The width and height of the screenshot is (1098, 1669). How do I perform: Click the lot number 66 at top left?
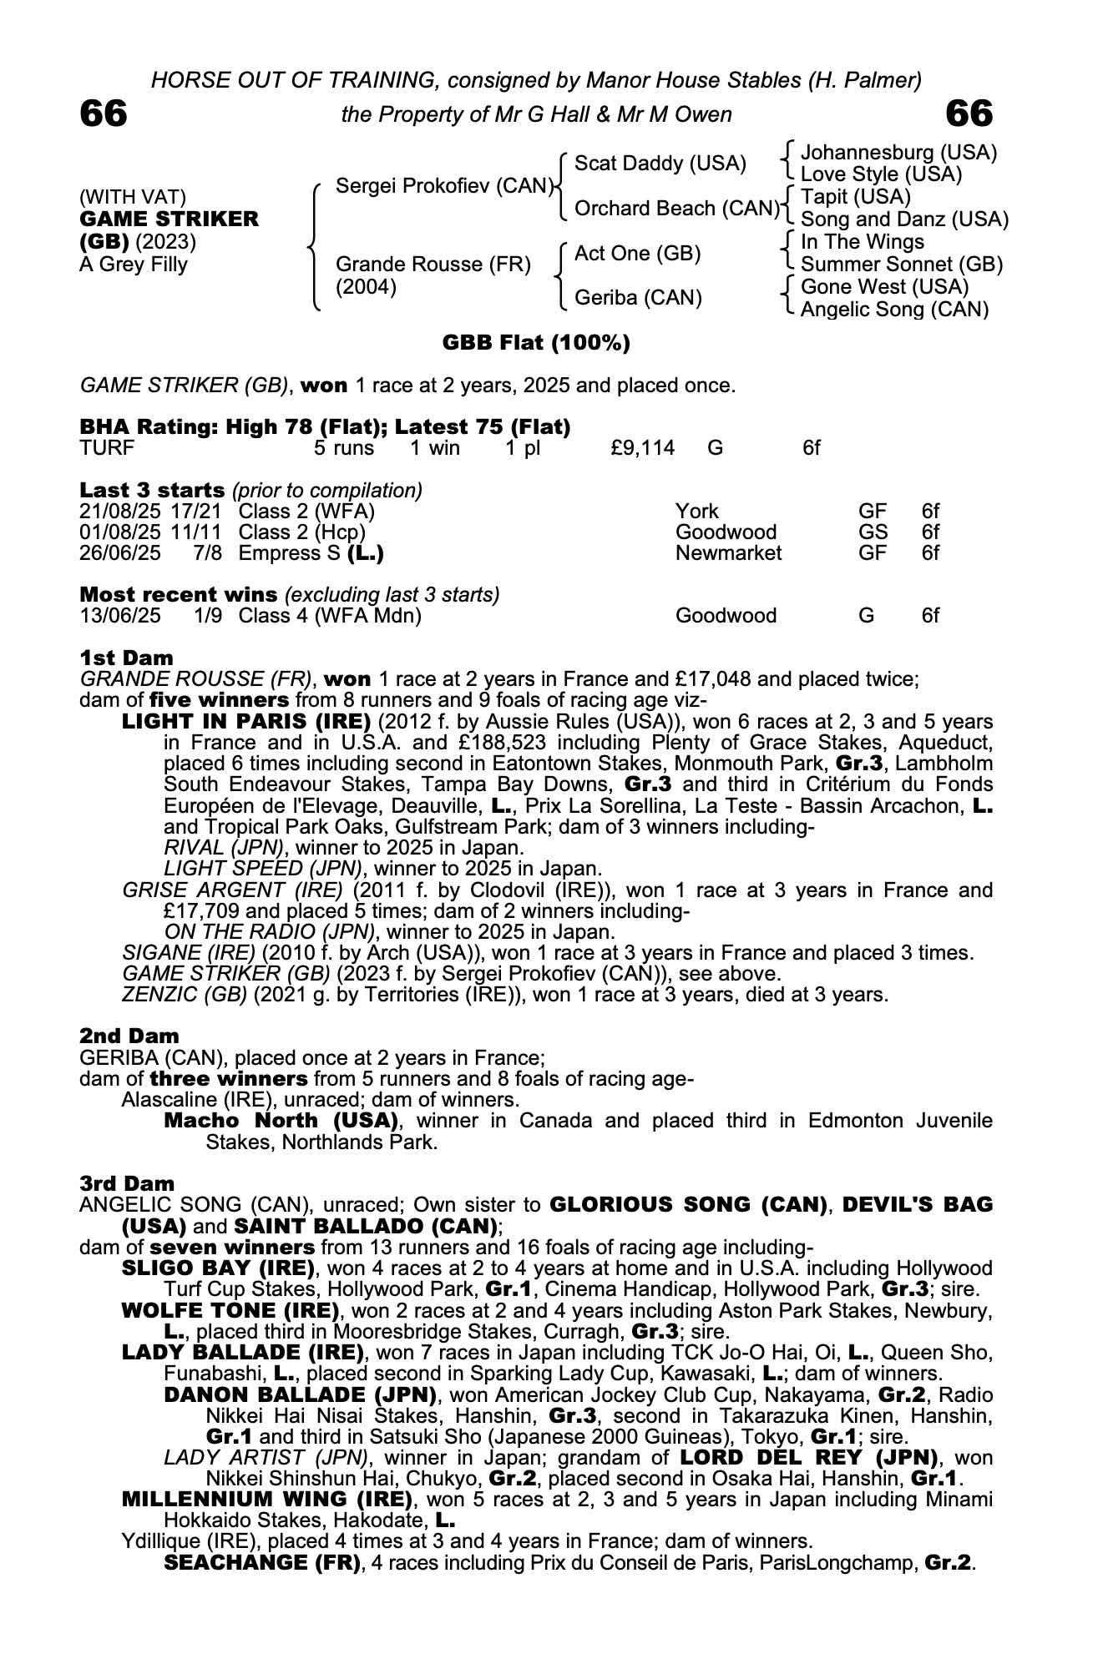(x=104, y=113)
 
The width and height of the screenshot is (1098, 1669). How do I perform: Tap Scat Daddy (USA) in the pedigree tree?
(x=660, y=164)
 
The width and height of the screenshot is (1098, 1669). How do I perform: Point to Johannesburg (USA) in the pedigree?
(x=898, y=153)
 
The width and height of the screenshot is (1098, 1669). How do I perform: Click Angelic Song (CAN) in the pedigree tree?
(x=894, y=310)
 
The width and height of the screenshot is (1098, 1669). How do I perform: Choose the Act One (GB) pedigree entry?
(x=637, y=254)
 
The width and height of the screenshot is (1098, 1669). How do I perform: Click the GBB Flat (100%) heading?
(x=535, y=343)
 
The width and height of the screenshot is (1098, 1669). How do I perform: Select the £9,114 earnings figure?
(x=642, y=448)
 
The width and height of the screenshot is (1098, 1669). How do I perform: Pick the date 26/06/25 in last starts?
(x=120, y=552)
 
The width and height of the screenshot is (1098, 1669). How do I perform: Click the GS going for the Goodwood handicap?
(x=873, y=532)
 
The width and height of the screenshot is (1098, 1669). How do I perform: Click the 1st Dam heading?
(x=126, y=658)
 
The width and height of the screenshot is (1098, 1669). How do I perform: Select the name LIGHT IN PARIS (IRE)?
(x=246, y=721)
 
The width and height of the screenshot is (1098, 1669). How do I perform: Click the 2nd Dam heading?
(x=129, y=1036)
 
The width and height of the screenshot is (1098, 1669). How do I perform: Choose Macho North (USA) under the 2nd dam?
(x=281, y=1121)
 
